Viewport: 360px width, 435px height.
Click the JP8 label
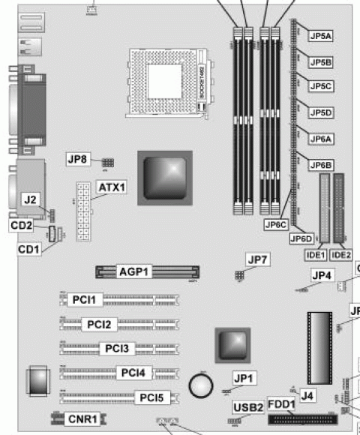(x=78, y=158)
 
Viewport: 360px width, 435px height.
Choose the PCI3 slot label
(x=117, y=348)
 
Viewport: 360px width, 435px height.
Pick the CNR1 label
(x=82, y=418)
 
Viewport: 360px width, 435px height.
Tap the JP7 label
(x=258, y=259)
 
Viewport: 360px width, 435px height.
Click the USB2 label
(x=249, y=407)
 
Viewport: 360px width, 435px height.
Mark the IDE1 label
(x=314, y=255)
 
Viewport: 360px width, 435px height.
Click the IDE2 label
(x=342, y=255)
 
